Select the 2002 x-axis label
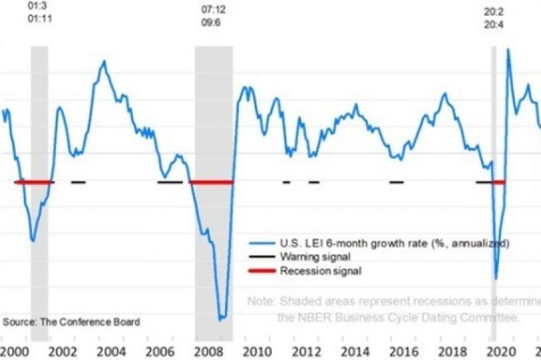point(61,351)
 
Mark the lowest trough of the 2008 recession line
point(221,318)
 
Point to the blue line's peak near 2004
point(104,61)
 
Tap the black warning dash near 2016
point(396,182)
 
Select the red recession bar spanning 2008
point(211,182)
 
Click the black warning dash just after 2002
point(78,182)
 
